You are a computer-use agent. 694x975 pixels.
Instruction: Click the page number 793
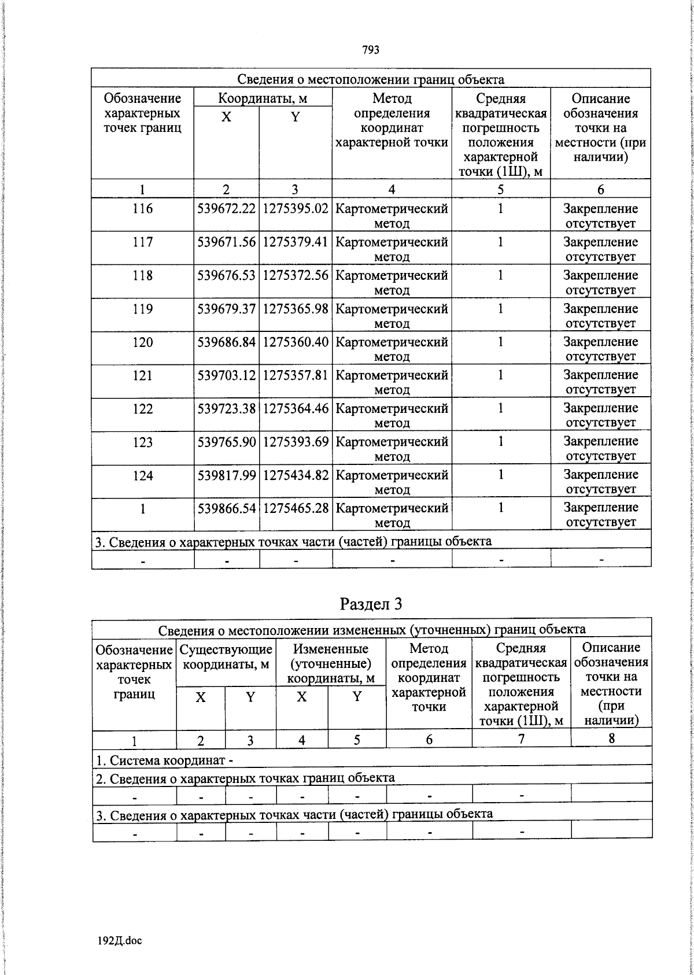pos(371,50)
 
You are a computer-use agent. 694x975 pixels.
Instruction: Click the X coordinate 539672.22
pos(226,209)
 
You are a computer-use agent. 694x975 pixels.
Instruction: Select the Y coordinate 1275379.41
pos(296,242)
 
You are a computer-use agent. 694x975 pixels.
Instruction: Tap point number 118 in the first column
pos(142,275)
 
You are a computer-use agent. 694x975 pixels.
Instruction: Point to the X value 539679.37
pos(226,309)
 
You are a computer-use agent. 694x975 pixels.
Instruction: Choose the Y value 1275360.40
pos(296,342)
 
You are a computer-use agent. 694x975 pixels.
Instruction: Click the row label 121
pos(142,375)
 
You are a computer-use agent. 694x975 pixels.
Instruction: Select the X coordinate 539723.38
pos(226,409)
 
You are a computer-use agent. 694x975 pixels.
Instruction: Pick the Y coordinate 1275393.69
pos(296,442)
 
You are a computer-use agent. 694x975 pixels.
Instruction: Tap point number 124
pos(142,475)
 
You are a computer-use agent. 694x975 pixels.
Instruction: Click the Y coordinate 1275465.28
pos(296,509)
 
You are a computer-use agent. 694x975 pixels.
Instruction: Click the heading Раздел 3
pos(371,604)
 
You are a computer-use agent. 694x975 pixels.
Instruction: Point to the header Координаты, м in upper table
pos(263,98)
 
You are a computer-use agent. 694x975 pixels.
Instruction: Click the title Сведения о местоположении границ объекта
pos(371,79)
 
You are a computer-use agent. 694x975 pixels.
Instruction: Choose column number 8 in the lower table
pos(611,738)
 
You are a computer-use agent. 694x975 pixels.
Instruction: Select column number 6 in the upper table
pos(600,190)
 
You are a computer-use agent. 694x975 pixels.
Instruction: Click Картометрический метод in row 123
pos(392,449)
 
